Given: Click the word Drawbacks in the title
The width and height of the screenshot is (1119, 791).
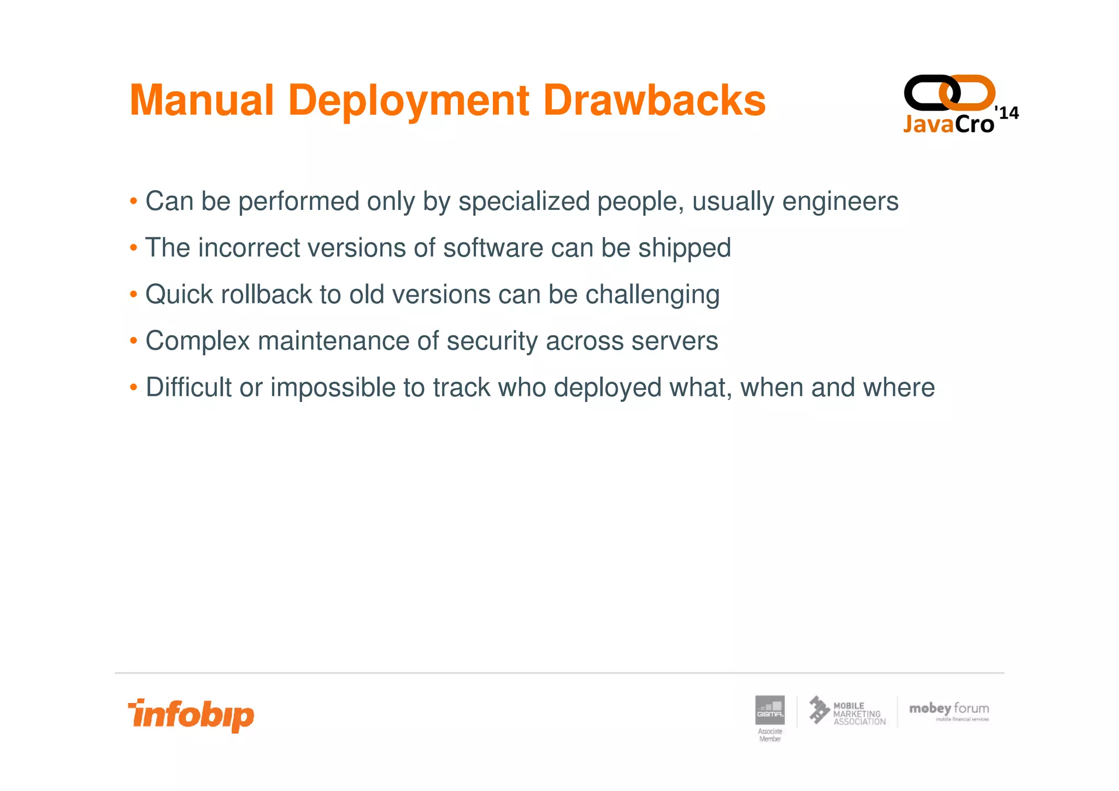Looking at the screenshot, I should [x=654, y=101].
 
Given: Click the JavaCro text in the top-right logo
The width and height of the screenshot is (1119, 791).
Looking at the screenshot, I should [x=948, y=124].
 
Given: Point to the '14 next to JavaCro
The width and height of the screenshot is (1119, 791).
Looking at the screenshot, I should [x=1007, y=113].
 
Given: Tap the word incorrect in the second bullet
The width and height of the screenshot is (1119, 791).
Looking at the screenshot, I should [x=249, y=248].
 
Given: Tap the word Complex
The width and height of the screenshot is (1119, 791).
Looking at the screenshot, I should [x=197, y=341].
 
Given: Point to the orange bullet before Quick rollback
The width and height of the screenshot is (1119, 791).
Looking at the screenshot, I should [x=133, y=295].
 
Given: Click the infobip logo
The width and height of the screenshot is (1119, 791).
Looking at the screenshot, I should [x=191, y=715].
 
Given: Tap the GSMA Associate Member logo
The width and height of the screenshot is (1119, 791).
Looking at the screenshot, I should [x=769, y=717].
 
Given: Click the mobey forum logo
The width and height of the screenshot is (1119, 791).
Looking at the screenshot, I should [x=949, y=711].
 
